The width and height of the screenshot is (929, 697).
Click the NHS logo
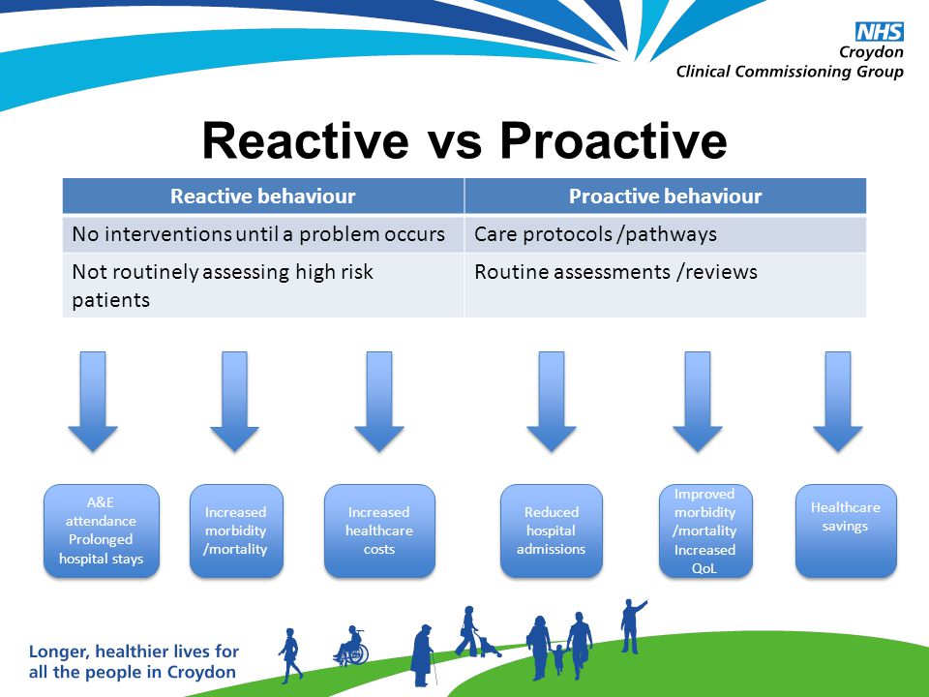click(880, 32)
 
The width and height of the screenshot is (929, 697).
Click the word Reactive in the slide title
click(305, 141)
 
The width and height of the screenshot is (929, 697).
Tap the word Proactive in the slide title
click(614, 141)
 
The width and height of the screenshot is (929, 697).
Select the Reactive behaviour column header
click(263, 197)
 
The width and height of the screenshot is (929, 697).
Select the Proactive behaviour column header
click(666, 197)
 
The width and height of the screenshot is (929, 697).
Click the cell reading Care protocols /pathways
click(666, 234)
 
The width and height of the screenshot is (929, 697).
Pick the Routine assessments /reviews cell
click(666, 285)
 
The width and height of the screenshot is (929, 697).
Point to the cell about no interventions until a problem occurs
click(263, 234)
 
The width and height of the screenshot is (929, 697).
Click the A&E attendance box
click(102, 531)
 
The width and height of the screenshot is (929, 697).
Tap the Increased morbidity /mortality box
click(236, 531)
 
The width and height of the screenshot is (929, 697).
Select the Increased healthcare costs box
click(379, 531)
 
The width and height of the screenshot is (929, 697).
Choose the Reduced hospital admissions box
click(551, 531)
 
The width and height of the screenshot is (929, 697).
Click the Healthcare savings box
click(846, 531)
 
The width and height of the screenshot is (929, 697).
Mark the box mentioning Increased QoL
click(705, 531)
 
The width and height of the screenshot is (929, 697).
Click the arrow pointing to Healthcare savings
click(838, 402)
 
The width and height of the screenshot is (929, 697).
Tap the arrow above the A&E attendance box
click(93, 402)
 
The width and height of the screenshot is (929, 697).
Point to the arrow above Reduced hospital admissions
click(552, 402)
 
